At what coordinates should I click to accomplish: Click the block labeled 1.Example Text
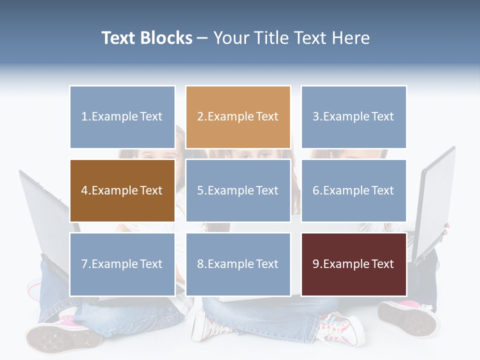coord(122,117)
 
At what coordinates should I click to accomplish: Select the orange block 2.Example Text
coord(238,117)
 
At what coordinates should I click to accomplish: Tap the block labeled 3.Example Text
coord(353,117)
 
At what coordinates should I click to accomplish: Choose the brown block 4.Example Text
coord(122,190)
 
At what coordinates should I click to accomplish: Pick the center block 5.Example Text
coord(238,190)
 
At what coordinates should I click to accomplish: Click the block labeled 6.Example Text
coord(353,190)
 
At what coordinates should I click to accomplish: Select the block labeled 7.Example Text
coord(122,264)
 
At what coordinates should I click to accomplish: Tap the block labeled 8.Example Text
coord(238,264)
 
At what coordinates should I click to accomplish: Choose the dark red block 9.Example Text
coord(353,264)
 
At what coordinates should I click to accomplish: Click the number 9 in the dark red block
coord(315,264)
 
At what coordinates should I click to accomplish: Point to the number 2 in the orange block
coord(200,117)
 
